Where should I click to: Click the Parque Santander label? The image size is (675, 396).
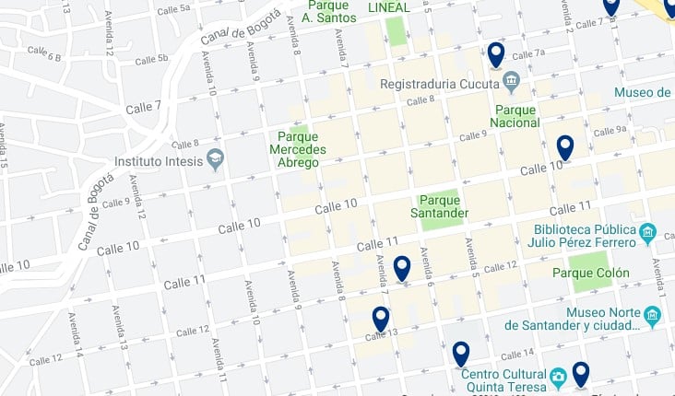[x=444, y=206]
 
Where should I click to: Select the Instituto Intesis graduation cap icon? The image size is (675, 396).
[x=215, y=159]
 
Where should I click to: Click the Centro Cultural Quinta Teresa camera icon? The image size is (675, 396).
[x=558, y=378]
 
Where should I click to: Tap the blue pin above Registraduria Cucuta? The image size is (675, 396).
[x=496, y=55]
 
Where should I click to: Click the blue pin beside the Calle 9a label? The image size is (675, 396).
[x=565, y=147]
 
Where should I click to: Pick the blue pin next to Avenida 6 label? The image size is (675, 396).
[x=402, y=268]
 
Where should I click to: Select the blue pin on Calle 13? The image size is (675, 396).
[x=381, y=319]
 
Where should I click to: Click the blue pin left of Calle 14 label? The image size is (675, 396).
[x=461, y=353]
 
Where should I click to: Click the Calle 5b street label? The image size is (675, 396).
[x=152, y=60]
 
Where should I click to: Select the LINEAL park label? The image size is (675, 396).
[x=388, y=7]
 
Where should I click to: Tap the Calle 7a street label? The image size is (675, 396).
[x=528, y=52]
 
